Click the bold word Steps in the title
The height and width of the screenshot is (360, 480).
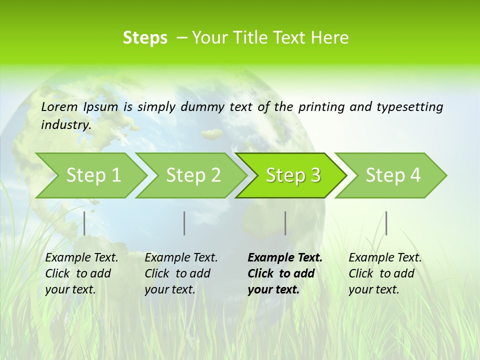145,38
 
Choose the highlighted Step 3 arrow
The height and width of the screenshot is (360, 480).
293,175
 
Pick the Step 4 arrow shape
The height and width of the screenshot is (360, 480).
393,175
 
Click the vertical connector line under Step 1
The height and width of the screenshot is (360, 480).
84,223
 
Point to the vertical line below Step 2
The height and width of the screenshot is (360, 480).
184,223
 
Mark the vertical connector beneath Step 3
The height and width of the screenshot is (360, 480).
285,223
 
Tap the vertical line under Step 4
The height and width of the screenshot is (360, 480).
386,223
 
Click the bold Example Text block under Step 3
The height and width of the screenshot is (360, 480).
285,273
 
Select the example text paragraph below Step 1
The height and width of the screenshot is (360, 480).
81,273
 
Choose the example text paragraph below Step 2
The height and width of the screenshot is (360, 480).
181,273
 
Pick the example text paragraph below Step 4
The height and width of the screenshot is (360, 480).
385,273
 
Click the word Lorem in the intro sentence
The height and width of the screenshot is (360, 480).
59,107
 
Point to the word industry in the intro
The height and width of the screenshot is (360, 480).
66,125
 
